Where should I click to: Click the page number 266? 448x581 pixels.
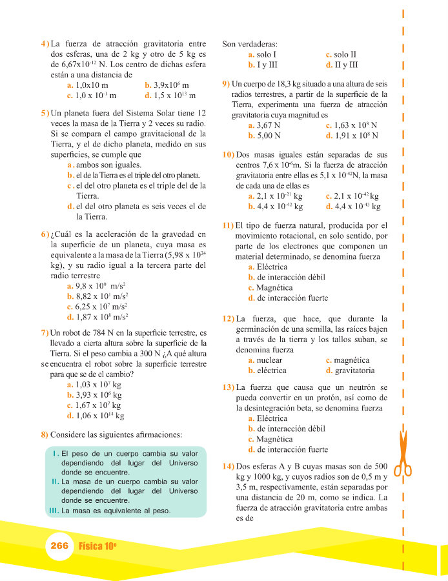[59, 545]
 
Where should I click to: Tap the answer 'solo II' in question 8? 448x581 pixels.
[345, 55]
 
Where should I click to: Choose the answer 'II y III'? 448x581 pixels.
[347, 65]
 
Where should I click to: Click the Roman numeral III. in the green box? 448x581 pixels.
[55, 511]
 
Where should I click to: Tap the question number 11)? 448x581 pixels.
[228, 225]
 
